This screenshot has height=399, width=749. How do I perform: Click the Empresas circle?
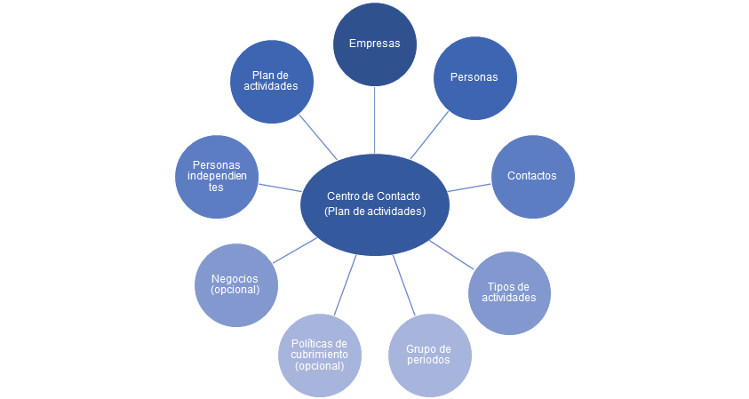tap(374, 44)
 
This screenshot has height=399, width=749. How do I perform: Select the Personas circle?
tap(474, 77)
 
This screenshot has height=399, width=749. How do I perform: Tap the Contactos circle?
tap(532, 176)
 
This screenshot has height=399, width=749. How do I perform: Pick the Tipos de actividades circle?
tap(509, 292)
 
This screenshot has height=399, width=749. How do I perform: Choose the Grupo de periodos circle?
tap(429, 355)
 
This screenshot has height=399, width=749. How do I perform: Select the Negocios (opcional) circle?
tap(235, 284)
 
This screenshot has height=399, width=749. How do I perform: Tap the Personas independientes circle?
tap(217, 176)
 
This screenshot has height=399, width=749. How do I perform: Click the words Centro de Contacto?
tap(374, 196)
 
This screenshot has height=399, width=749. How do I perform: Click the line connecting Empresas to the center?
tap(374, 119)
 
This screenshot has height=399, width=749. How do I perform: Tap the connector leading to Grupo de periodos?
tap(404, 286)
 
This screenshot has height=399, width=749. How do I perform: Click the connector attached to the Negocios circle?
tap(294, 250)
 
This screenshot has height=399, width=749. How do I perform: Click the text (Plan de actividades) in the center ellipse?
tap(374, 211)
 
